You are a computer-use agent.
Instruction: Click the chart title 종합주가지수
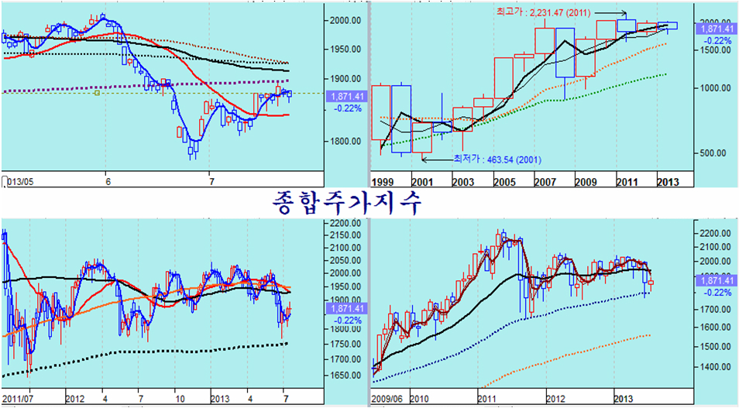tap(347, 203)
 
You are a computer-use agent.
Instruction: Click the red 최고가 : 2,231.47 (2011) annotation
tap(544, 12)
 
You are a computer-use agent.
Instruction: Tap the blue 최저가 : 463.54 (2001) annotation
tap(497, 159)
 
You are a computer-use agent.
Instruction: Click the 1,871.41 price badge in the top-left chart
tap(347, 97)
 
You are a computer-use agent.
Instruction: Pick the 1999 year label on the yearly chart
tap(382, 183)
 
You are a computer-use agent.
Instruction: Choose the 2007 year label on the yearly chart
tap(545, 183)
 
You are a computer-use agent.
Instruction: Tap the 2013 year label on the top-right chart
tap(668, 183)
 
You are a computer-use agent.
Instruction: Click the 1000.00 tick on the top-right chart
tap(713, 88)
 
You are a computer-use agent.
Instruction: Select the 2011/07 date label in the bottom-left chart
tap(16, 399)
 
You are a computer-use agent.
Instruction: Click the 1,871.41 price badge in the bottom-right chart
tap(717, 281)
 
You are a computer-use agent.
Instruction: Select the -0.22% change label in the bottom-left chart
tap(347, 321)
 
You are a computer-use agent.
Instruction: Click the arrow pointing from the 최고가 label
tap(612, 12)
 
